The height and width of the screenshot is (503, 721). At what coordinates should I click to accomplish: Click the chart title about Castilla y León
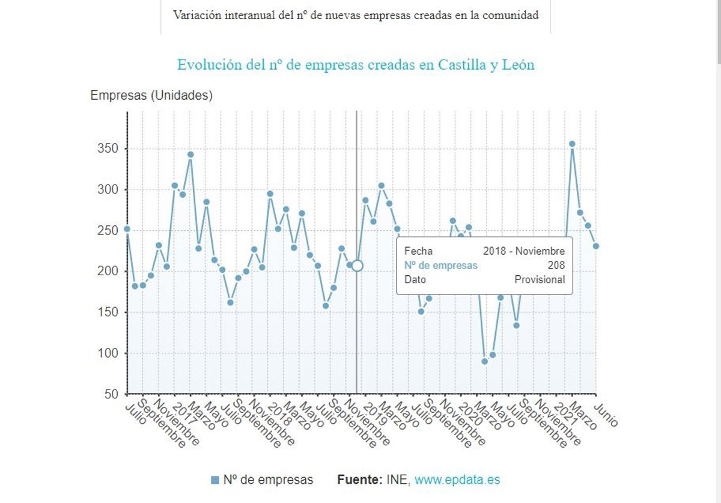(x=356, y=65)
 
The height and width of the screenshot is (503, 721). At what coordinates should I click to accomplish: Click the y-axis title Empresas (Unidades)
(x=151, y=96)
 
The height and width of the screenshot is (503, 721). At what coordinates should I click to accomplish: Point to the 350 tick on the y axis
(x=109, y=149)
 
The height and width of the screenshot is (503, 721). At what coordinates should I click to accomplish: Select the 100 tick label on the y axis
(x=109, y=353)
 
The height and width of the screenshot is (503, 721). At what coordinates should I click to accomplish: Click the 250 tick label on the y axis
(x=109, y=231)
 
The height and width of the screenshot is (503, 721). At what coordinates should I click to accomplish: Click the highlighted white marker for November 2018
(x=357, y=266)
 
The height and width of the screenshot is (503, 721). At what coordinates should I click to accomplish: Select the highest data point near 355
(x=572, y=144)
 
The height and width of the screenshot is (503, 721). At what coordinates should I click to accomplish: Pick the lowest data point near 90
(x=484, y=361)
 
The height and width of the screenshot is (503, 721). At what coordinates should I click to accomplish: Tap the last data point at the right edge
(x=595, y=246)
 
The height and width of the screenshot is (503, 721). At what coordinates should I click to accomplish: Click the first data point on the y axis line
(x=127, y=229)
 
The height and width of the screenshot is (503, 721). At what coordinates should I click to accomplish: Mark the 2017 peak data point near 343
(x=190, y=154)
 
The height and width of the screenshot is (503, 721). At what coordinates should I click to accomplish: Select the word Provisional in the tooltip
(x=540, y=280)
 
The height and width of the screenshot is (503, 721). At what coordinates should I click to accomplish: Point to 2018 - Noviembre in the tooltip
(x=524, y=251)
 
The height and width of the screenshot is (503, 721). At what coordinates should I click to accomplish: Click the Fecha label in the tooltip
(x=418, y=251)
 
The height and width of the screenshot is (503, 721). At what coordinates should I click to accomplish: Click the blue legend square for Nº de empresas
(x=215, y=480)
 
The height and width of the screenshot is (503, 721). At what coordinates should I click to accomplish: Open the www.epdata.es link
(x=457, y=480)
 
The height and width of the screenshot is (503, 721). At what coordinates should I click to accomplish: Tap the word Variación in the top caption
(x=196, y=16)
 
